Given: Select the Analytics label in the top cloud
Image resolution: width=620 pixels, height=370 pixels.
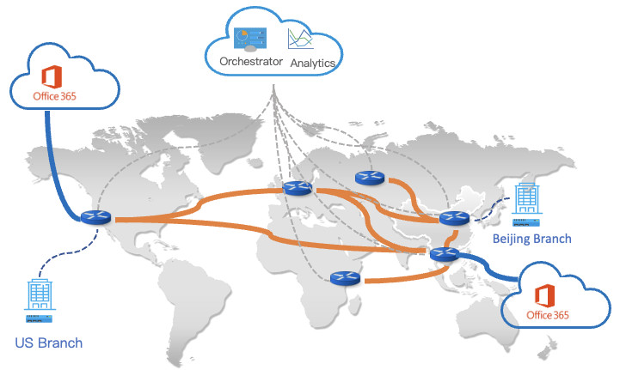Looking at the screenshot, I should click(312, 64).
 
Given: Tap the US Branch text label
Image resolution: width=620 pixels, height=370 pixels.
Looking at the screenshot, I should click(49, 343).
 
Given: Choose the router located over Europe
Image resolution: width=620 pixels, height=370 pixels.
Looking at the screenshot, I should click(297, 189).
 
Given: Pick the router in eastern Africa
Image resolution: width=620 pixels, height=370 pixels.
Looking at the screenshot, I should click(344, 278).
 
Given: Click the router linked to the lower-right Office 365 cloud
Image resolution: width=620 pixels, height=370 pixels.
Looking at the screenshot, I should click(445, 253).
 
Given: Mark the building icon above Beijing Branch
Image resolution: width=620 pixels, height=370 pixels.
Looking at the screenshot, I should click(527, 198).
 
